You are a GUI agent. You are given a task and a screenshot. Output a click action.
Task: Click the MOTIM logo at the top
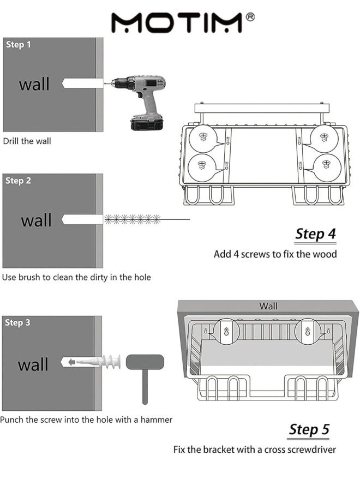click(x=178, y=22)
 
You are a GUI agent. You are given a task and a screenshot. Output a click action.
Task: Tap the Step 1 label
click(x=19, y=44)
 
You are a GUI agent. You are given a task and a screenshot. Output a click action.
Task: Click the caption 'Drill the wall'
click(x=27, y=141)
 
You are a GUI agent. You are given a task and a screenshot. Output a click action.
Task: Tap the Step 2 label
click(x=19, y=181)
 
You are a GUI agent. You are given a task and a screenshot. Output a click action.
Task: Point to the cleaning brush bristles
click(x=132, y=219)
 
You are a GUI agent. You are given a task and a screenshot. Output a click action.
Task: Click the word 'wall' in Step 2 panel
click(x=36, y=220)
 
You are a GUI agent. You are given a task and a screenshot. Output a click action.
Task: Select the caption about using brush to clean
click(x=76, y=277)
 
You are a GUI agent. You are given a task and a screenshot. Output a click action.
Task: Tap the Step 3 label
click(x=17, y=322)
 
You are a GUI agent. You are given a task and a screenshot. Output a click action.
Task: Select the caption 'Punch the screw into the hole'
click(x=86, y=420)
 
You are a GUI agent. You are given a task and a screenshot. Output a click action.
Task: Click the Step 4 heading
click(x=315, y=234)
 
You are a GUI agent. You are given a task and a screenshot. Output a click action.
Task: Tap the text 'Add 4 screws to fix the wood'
click(x=275, y=254)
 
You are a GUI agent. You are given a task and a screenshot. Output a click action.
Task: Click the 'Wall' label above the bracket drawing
click(x=268, y=306)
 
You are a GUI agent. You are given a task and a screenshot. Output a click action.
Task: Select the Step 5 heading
click(x=309, y=429)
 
